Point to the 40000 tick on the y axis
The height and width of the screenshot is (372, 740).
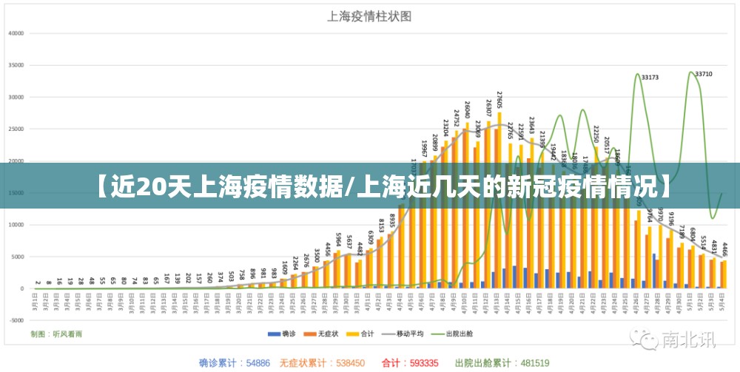pyautogui.click(x=16, y=33)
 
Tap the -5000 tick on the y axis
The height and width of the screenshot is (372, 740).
pyautogui.click(x=16, y=320)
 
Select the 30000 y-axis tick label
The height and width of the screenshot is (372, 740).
pyautogui.click(x=16, y=97)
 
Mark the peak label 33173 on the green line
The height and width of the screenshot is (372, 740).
pyautogui.click(x=650, y=77)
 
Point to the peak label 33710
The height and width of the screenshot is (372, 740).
pyautogui.click(x=703, y=74)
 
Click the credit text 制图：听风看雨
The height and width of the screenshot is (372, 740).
pyautogui.click(x=56, y=334)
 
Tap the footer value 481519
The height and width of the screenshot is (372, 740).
pyautogui.click(x=534, y=363)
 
